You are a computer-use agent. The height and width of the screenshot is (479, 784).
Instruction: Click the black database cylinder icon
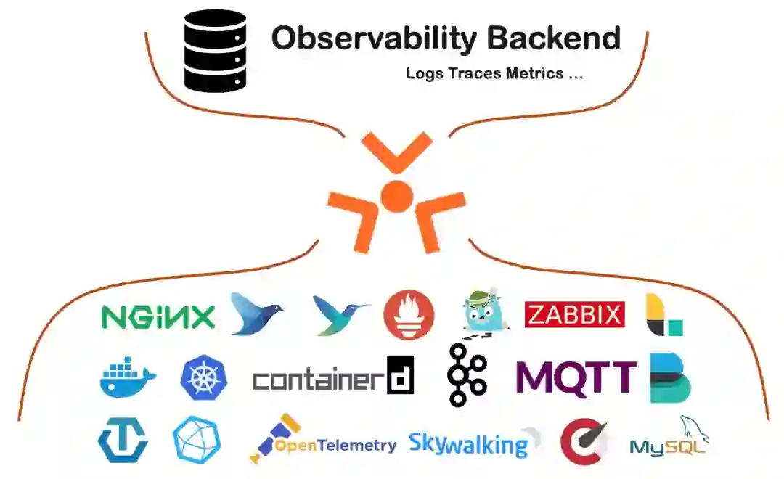tap(216, 50)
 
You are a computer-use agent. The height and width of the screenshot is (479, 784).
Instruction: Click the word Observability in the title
tap(364, 38)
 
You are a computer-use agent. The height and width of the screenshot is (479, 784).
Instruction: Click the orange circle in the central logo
tap(396, 195)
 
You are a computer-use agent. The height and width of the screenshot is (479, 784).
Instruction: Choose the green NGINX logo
tap(158, 316)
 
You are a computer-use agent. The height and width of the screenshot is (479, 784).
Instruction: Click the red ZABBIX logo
tap(574, 315)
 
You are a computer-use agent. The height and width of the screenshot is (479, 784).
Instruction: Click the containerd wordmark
tap(333, 378)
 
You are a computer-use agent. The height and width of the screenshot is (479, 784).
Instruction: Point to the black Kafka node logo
tap(467, 375)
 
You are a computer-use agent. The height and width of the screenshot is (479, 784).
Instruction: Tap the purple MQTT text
tap(576, 377)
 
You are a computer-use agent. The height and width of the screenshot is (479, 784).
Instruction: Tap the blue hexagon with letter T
tap(123, 441)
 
